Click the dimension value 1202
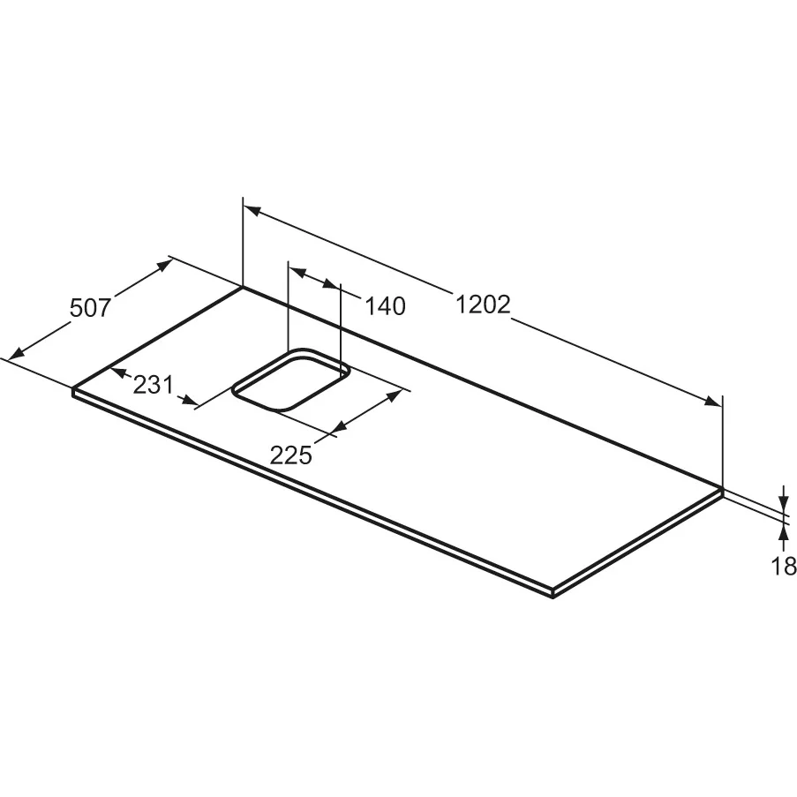click(484, 305)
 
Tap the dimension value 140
click(386, 306)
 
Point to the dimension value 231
click(153, 385)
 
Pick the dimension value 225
click(291, 455)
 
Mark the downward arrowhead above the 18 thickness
click(784, 501)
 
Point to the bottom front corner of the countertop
click(553, 595)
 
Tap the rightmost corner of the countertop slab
click(722, 489)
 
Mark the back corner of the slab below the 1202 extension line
click(243, 286)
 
